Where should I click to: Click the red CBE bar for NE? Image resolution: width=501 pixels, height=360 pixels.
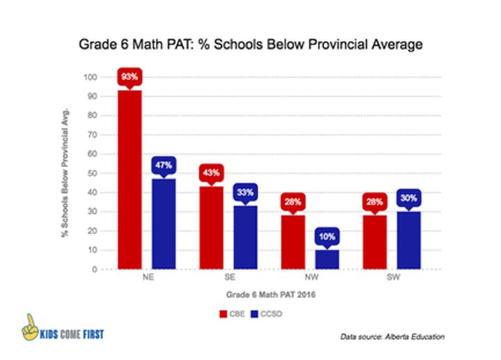pos(129,180)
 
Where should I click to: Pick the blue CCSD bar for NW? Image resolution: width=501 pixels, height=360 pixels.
pos(327,259)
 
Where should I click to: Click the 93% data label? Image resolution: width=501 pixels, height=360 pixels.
pos(129,77)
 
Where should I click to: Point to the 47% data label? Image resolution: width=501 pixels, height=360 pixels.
pos(164,166)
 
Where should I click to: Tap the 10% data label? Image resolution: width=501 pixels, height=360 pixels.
pos(327,237)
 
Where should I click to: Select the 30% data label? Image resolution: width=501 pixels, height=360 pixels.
pos(408,198)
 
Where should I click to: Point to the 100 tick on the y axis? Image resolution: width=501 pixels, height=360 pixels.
pos(88,77)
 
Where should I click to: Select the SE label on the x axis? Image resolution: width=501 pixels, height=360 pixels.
pos(228,278)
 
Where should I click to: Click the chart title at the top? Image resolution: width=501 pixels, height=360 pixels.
pos(250,45)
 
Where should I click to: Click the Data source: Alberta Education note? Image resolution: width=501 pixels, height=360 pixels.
pos(392,337)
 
